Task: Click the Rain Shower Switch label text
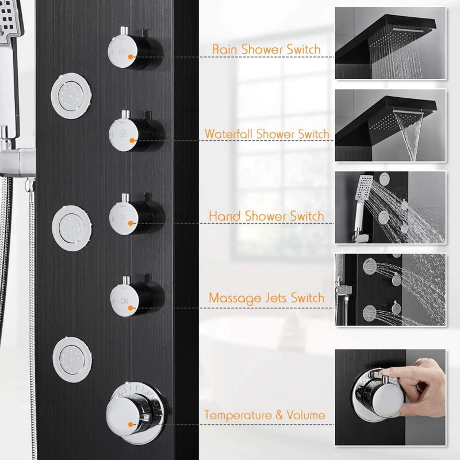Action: [x=266, y=49]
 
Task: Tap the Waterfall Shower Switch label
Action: [x=267, y=134]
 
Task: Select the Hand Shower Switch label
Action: [x=266, y=216]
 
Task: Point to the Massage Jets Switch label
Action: [x=267, y=298]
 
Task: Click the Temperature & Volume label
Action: [x=265, y=415]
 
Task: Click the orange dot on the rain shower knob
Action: [x=131, y=57]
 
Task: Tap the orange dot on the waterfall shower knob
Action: [x=132, y=140]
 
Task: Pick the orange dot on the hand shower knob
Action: [x=131, y=223]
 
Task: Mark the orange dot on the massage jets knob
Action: [x=131, y=308]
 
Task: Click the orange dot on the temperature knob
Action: [x=131, y=424]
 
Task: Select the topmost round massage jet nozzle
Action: [x=71, y=95]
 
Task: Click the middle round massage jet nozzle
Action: [x=72, y=228]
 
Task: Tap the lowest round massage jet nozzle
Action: [x=72, y=359]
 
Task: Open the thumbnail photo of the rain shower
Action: [x=390, y=43]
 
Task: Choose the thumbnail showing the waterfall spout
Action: [x=390, y=125]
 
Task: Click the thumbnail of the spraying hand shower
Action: [x=390, y=208]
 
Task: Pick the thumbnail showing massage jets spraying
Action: [x=390, y=290]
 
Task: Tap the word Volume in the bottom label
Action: [x=306, y=415]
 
